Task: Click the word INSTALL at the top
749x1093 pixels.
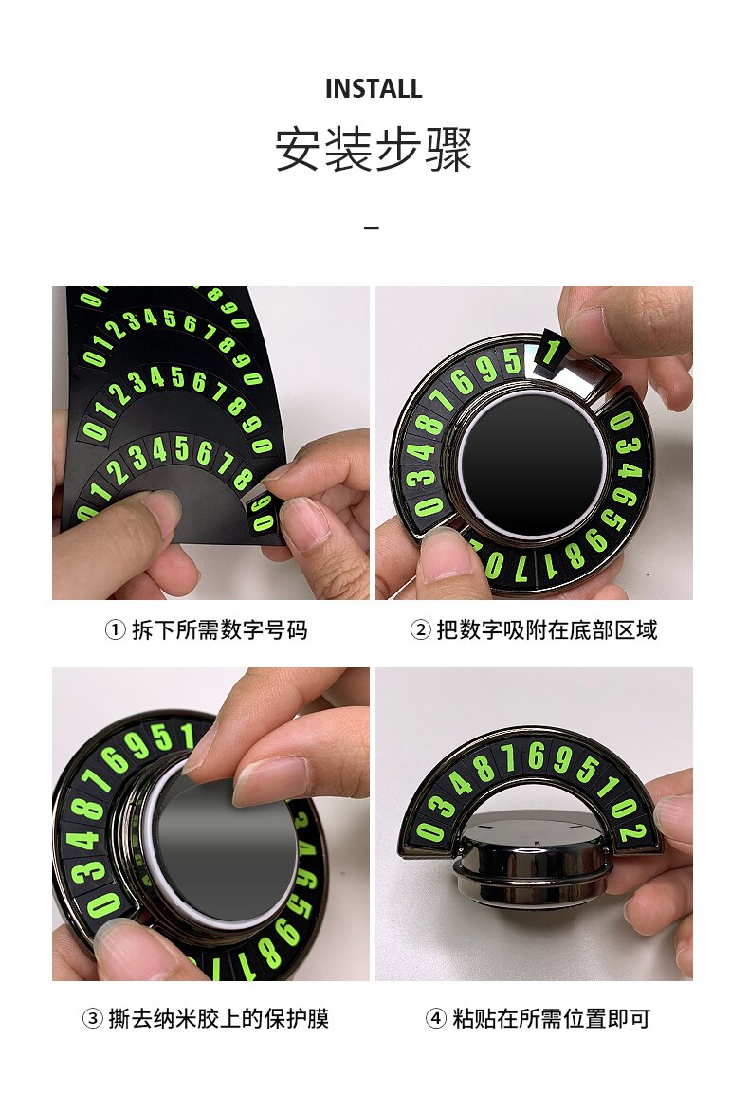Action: (x=374, y=88)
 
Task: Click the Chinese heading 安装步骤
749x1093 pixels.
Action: (x=374, y=149)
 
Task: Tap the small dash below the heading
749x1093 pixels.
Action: (x=372, y=228)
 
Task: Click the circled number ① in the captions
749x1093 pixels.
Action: (x=115, y=630)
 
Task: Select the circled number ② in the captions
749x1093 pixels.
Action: (x=420, y=630)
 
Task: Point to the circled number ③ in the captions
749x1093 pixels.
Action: (x=92, y=1018)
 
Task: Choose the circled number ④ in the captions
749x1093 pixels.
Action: (x=436, y=1018)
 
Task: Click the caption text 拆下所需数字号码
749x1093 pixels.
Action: (x=220, y=630)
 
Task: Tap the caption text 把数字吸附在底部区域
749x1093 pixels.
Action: (x=547, y=630)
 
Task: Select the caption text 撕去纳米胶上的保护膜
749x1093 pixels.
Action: (x=219, y=1018)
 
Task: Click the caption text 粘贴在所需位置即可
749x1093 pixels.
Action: (x=552, y=1018)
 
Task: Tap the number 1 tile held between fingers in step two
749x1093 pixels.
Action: (x=551, y=350)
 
